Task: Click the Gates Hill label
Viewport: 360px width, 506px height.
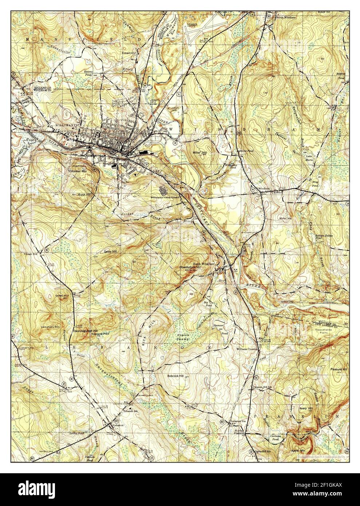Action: pos(110,251)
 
